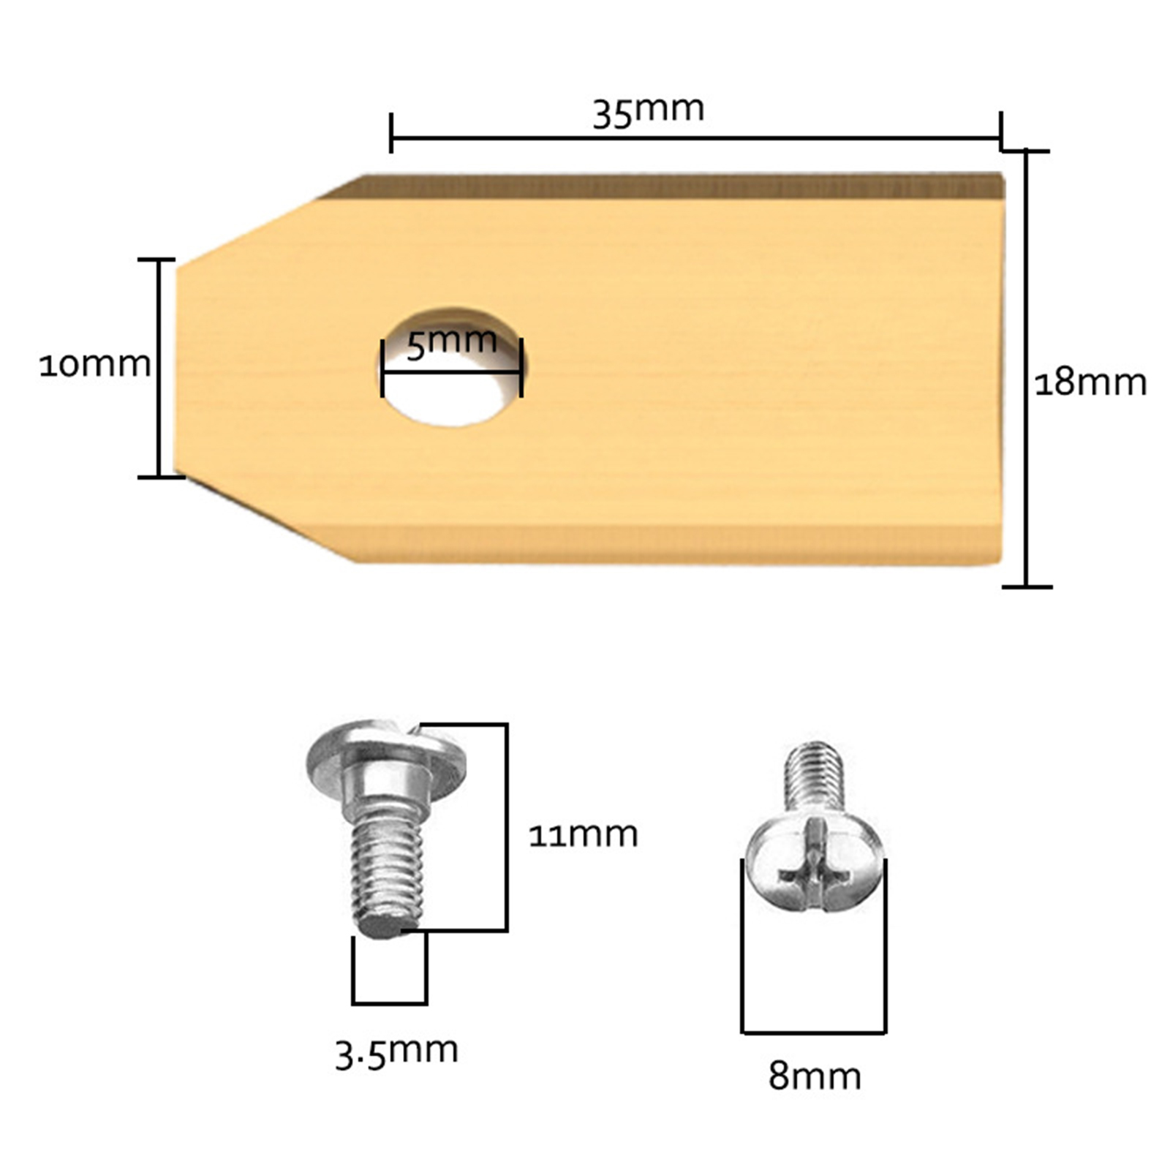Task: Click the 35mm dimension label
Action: [648, 111]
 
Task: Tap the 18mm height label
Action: [1090, 382]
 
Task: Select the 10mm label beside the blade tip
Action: [95, 364]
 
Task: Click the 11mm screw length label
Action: [583, 834]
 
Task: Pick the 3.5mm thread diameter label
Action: [396, 1052]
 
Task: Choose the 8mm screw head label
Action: [815, 1076]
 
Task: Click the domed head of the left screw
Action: [385, 760]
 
